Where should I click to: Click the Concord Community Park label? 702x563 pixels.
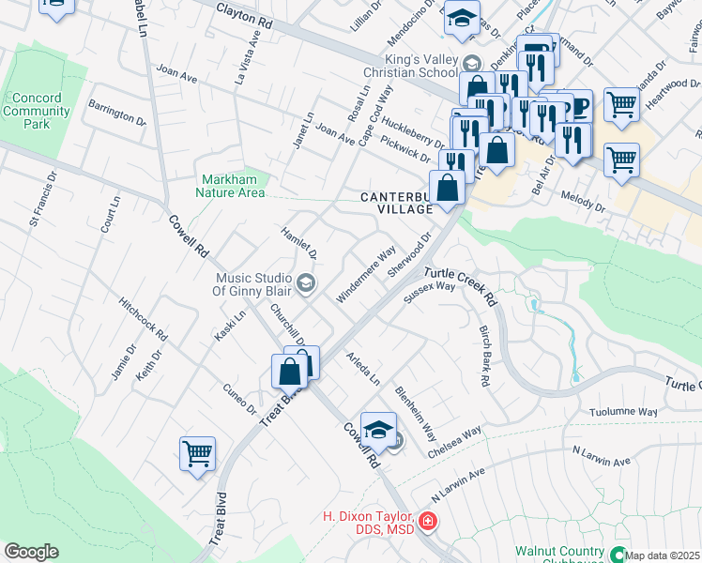[38, 111]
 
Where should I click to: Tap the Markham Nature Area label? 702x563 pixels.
[232, 186]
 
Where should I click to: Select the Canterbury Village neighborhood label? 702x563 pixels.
[399, 203]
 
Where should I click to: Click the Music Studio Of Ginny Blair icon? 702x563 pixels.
[305, 282]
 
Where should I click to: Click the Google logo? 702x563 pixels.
[31, 552]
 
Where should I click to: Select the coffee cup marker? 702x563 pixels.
[576, 106]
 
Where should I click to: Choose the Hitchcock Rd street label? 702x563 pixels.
[143, 320]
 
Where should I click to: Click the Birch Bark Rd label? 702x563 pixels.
[485, 357]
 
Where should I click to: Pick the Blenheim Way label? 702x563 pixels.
[416, 414]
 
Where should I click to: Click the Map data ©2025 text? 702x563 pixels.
[663, 555]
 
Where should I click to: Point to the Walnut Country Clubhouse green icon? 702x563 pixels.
[618, 554]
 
